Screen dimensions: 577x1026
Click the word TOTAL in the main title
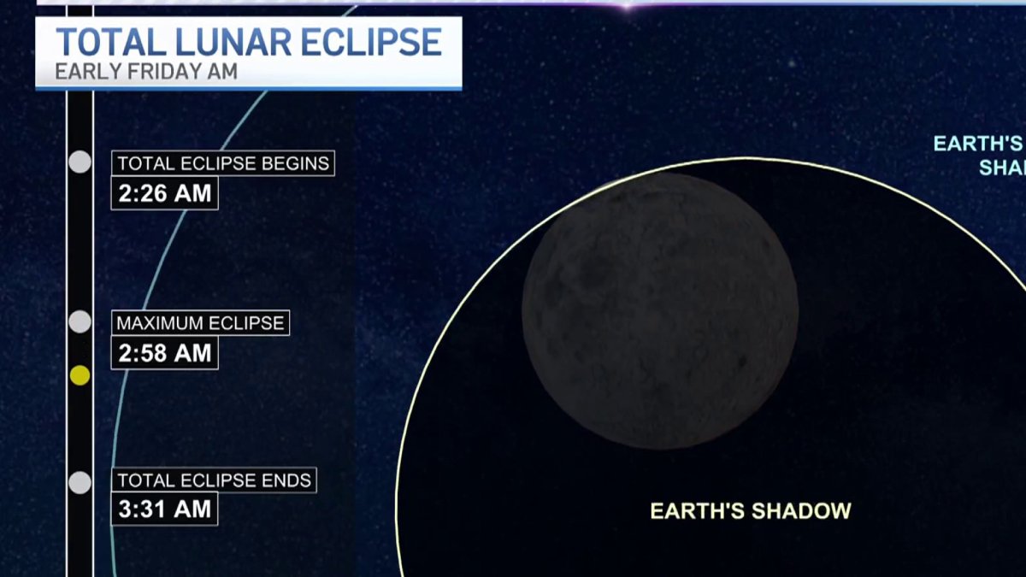tap(107, 42)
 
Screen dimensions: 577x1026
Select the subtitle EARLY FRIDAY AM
tap(145, 71)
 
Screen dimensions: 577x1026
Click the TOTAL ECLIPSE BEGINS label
tap(222, 163)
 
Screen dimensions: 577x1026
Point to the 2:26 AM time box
tap(164, 193)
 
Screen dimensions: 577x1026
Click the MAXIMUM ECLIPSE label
tap(200, 323)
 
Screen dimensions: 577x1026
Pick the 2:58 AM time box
tap(164, 353)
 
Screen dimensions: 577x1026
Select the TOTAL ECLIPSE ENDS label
tap(214, 480)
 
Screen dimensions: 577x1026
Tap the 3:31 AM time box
tap(164, 509)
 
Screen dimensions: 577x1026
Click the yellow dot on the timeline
tap(80, 375)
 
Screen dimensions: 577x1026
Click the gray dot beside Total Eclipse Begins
tap(80, 162)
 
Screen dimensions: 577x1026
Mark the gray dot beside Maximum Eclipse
tap(80, 321)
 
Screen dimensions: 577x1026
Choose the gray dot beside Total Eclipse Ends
tap(80, 482)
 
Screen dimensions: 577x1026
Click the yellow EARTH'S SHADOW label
tap(751, 511)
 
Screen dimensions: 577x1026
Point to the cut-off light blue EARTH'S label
tap(978, 144)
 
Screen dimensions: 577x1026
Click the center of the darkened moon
tap(660, 310)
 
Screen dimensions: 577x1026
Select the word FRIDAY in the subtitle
tap(162, 71)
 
